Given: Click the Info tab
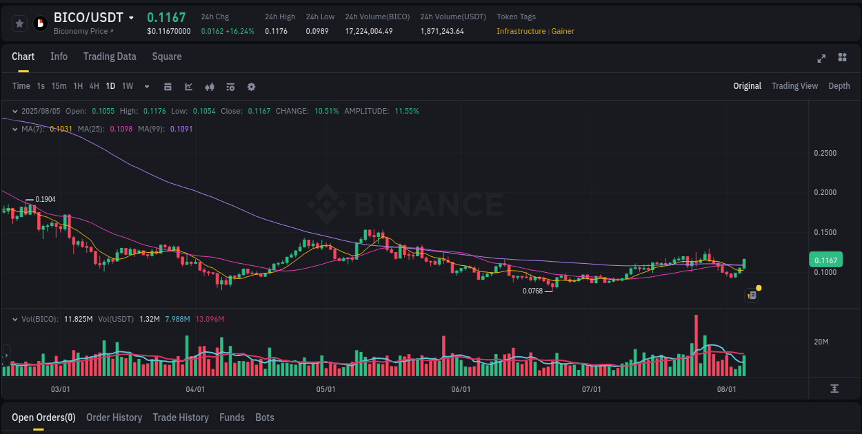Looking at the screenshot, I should click(x=59, y=56).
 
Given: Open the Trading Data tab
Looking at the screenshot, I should click(x=110, y=56).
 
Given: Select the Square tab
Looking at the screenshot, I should click(x=167, y=56).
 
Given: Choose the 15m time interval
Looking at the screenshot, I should click(x=59, y=86).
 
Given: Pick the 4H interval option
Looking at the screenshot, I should click(x=94, y=86).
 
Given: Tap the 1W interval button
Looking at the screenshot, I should click(x=128, y=86).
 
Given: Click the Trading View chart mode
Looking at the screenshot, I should click(x=794, y=86).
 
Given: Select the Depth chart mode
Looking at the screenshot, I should click(x=839, y=86).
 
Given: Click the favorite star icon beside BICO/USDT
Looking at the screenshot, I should click(x=20, y=23).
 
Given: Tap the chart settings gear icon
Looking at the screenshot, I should click(x=251, y=87).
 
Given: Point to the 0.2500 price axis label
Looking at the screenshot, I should click(x=825, y=153).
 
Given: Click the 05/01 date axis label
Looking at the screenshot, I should click(x=325, y=389).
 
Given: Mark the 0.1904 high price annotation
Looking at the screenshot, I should click(x=46, y=199).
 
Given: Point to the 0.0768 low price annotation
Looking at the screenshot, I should click(x=532, y=291).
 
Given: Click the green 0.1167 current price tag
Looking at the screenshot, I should click(x=825, y=260).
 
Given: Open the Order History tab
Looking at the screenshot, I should click(x=114, y=417).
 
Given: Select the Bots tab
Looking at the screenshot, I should click(x=264, y=417).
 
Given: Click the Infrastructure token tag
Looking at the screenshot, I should click(x=521, y=31).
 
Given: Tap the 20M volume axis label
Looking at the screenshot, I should click(x=821, y=342).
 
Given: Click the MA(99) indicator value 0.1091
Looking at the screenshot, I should click(x=181, y=129).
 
